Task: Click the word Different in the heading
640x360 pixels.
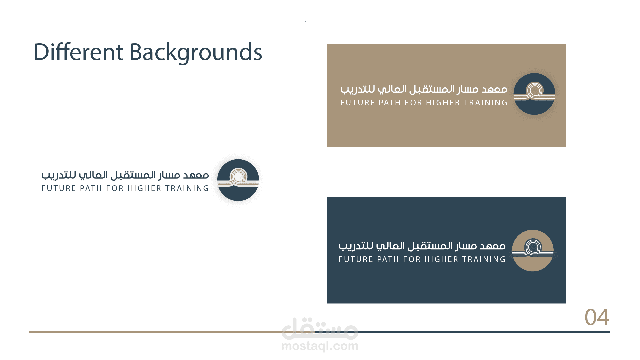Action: coord(78,52)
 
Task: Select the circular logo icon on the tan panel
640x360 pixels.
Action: coord(534,94)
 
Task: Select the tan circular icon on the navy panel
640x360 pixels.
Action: coord(533,250)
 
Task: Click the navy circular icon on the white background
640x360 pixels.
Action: coord(238,180)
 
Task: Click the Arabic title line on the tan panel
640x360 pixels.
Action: coord(424,89)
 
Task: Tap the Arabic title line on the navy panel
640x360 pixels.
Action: coord(422,246)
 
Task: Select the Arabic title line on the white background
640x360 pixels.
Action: coord(125,175)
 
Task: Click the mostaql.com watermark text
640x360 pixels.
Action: coord(320,346)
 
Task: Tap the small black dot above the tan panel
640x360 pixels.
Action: coord(305,21)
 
